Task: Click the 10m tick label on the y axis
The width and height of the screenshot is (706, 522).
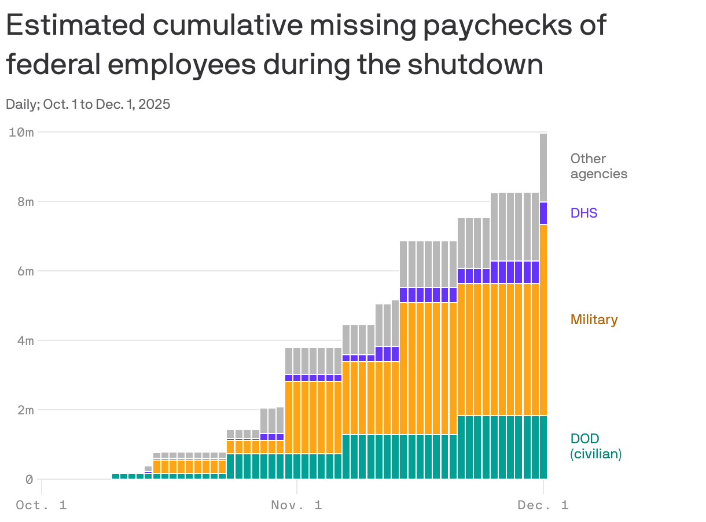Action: (x=21, y=132)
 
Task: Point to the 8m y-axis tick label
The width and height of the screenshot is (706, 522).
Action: (x=24, y=201)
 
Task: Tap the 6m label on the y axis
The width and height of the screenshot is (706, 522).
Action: (x=24, y=271)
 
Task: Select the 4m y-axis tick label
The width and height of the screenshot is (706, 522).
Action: (x=24, y=340)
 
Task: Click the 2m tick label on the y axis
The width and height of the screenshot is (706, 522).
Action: (x=24, y=410)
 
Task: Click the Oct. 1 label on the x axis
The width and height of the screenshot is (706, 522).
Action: (x=42, y=505)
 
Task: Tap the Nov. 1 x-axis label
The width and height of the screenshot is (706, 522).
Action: (x=296, y=505)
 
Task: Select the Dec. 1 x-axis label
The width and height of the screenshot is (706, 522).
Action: (x=543, y=505)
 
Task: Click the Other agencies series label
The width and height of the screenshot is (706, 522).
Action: (x=598, y=166)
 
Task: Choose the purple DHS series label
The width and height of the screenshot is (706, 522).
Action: (x=583, y=213)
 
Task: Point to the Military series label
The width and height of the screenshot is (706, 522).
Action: (x=594, y=319)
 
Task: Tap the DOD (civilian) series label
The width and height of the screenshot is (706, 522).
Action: (x=595, y=446)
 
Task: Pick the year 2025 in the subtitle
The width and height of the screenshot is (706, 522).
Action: (x=155, y=105)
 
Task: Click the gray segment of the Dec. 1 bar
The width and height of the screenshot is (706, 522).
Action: (x=543, y=167)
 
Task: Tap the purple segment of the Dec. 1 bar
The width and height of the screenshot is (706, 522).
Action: (x=543, y=213)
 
